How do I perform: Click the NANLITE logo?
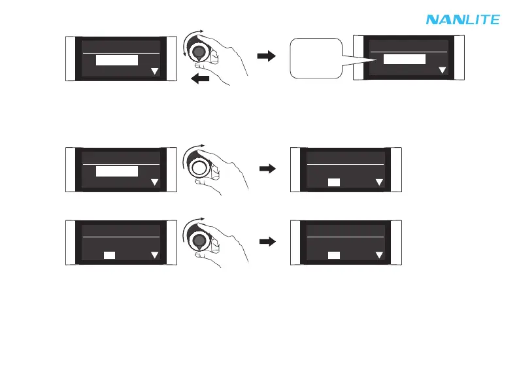pyautogui.click(x=463, y=20)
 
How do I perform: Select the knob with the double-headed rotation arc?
pyautogui.click(x=200, y=52)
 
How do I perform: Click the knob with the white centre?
pyautogui.click(x=200, y=169)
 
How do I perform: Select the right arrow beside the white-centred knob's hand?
pyautogui.click(x=267, y=169)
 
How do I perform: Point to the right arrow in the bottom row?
pyautogui.click(x=267, y=242)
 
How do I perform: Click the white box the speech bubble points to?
pyautogui.click(x=404, y=59)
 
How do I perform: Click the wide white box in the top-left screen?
pyautogui.click(x=117, y=60)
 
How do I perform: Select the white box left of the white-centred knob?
pyautogui.click(x=117, y=171)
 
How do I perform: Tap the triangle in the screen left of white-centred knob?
pyautogui.click(x=155, y=182)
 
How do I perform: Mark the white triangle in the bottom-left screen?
pyautogui.click(x=155, y=256)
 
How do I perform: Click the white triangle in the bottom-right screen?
pyautogui.click(x=380, y=256)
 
